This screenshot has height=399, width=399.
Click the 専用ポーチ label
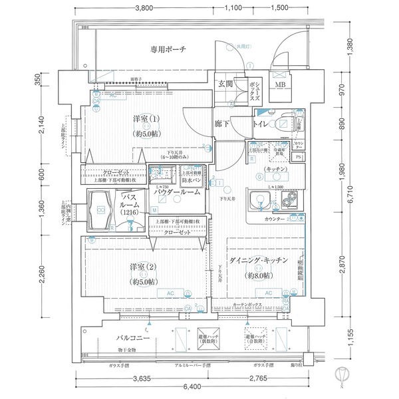point(168,49)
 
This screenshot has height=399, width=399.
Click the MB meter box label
point(281,85)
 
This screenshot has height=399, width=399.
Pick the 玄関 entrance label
point(225,84)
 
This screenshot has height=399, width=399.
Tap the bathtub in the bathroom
point(101,209)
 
